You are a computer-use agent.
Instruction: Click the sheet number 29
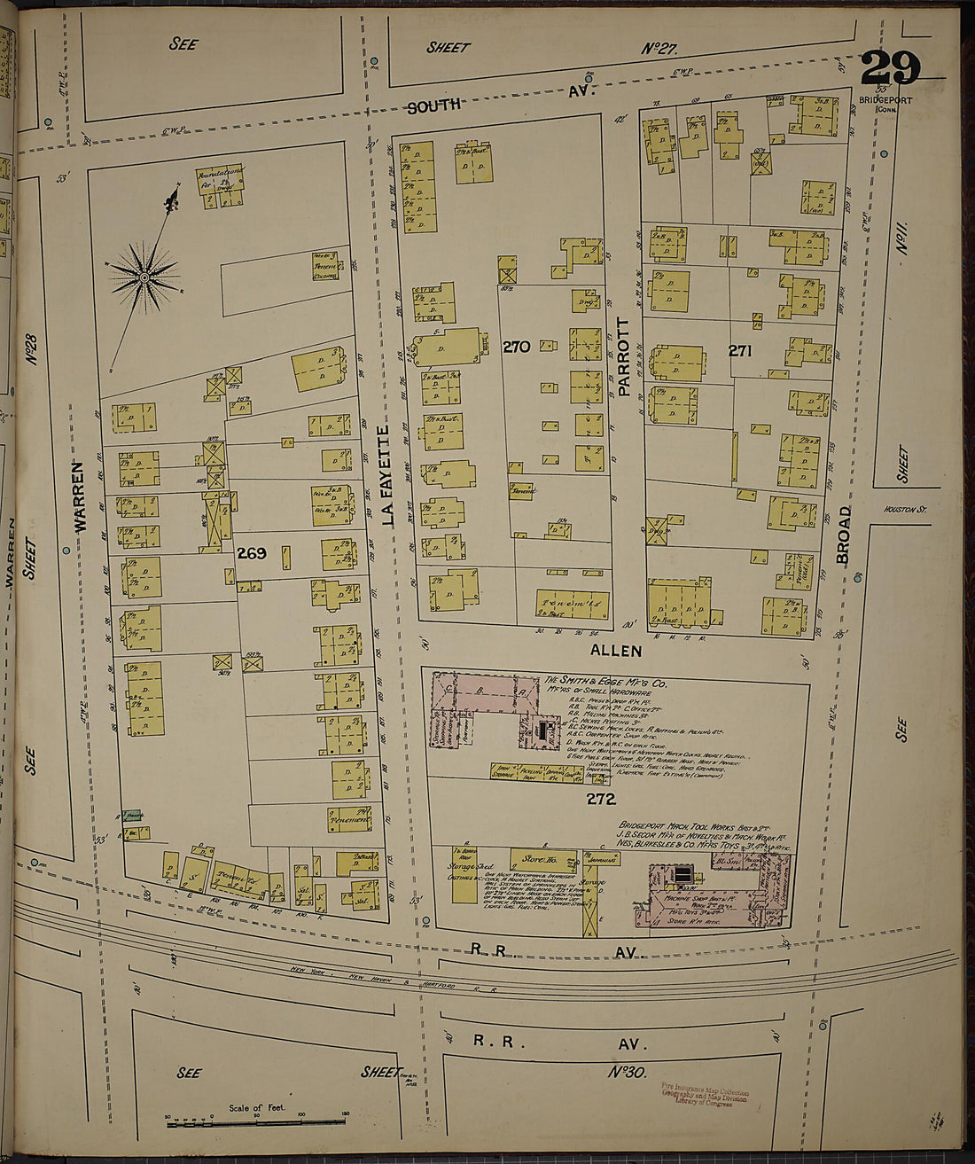click(890, 69)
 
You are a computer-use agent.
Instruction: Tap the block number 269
click(251, 553)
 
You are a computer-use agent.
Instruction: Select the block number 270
click(517, 347)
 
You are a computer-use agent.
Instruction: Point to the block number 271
click(740, 350)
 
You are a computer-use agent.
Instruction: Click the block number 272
click(600, 799)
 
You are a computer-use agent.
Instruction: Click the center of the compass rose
click(144, 278)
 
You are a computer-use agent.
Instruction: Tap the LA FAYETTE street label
click(386, 476)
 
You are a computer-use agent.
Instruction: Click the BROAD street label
click(843, 535)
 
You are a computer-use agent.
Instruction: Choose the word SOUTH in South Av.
click(434, 106)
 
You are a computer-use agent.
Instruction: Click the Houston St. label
click(904, 510)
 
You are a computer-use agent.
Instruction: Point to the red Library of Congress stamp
click(705, 1094)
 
